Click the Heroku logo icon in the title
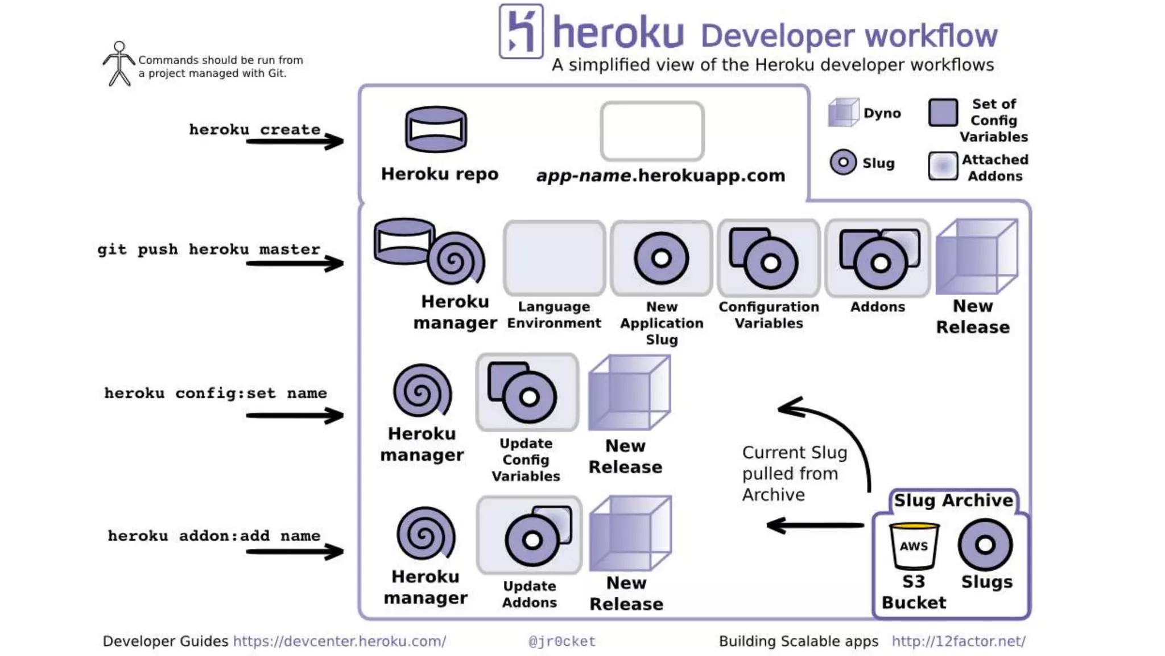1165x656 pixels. click(x=521, y=31)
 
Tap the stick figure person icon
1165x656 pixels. click(x=119, y=63)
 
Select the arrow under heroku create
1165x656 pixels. click(x=295, y=141)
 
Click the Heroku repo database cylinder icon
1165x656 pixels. click(x=436, y=129)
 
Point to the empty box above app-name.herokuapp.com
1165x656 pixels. click(x=652, y=131)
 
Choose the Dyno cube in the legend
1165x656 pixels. click(x=843, y=112)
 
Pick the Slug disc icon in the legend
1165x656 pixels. click(x=843, y=162)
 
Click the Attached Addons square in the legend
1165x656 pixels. click(x=943, y=166)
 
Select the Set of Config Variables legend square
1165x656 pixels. click(x=943, y=113)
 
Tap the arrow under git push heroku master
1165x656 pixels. click(x=295, y=263)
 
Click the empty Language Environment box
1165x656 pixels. click(x=554, y=259)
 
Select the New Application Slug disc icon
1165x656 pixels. click(x=661, y=259)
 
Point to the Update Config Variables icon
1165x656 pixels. click(x=526, y=392)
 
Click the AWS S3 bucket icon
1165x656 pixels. click(x=914, y=546)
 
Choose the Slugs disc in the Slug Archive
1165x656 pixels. click(x=985, y=545)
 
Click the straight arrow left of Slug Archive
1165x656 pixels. click(x=815, y=525)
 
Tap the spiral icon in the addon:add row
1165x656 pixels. click(x=425, y=534)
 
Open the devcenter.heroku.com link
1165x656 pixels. click(x=340, y=641)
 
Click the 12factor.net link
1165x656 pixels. click(x=959, y=641)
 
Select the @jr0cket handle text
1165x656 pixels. click(x=562, y=641)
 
